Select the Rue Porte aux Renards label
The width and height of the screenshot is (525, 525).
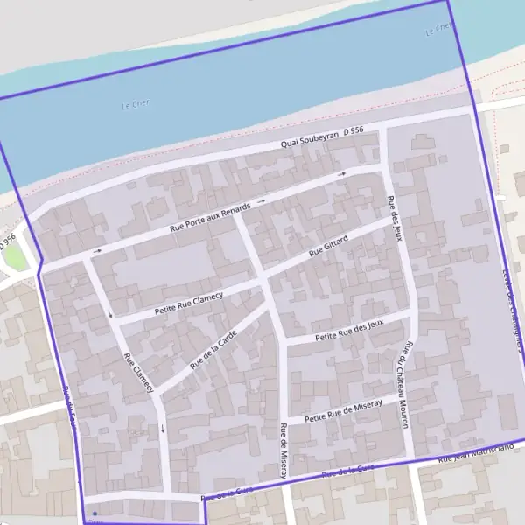[x=210, y=217]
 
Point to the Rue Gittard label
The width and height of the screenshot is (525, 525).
[x=329, y=245]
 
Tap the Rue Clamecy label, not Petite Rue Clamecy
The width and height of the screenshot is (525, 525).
[x=138, y=372]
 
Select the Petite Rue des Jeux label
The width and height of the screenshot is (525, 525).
[x=350, y=329]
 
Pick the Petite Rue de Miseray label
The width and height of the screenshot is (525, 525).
[x=344, y=410]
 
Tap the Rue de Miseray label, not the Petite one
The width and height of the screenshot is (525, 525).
[x=283, y=450]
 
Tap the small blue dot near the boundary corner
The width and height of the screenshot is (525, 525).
[x=94, y=513]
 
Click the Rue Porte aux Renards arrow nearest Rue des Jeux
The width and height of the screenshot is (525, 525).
[x=342, y=174]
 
